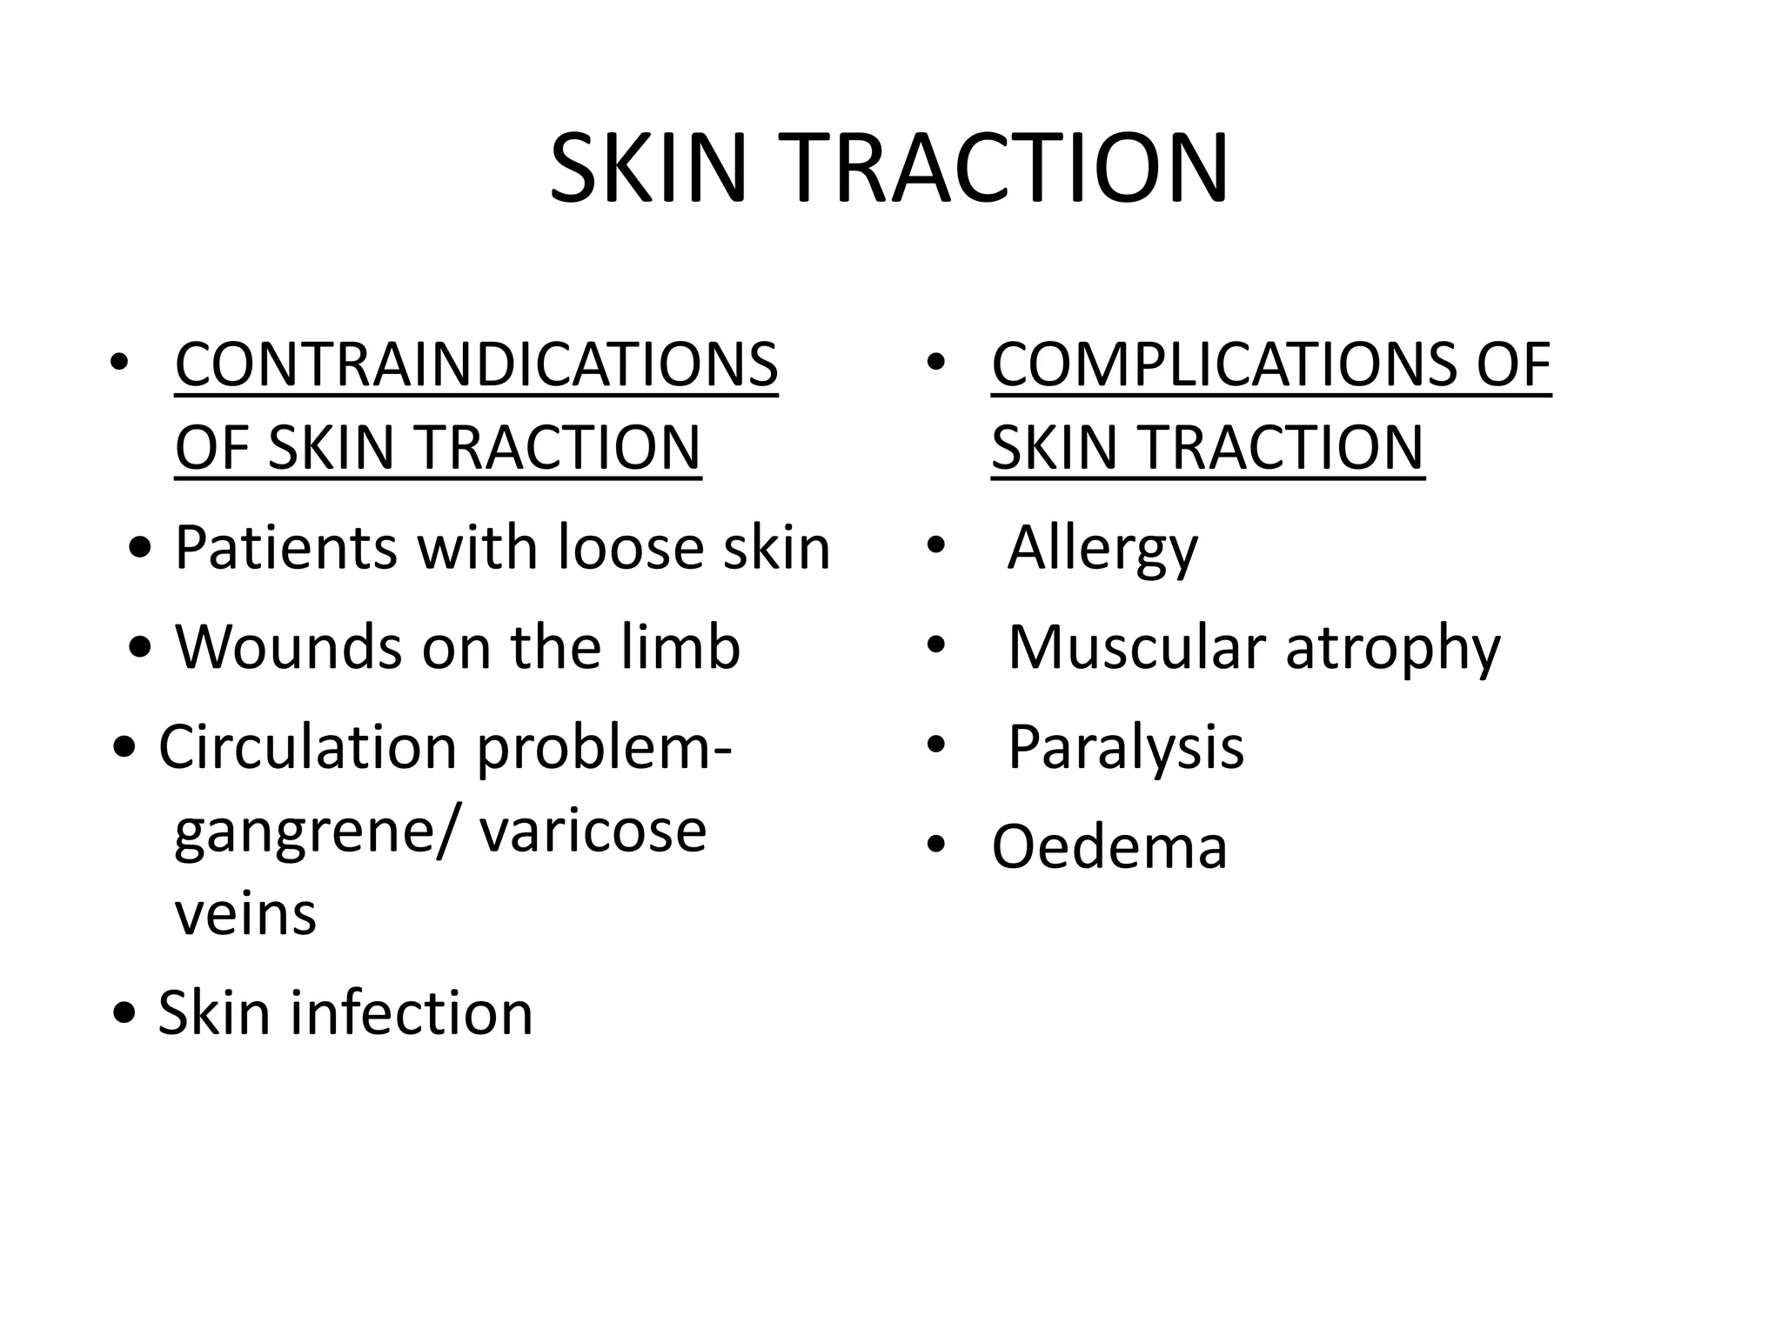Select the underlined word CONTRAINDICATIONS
[477, 364]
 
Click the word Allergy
[1102, 549]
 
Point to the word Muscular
[1136, 648]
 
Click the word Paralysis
[1126, 749]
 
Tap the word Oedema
[1109, 847]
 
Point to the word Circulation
[308, 747]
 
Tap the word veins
[245, 914]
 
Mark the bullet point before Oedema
[936, 845]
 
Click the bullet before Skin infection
[125, 1013]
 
